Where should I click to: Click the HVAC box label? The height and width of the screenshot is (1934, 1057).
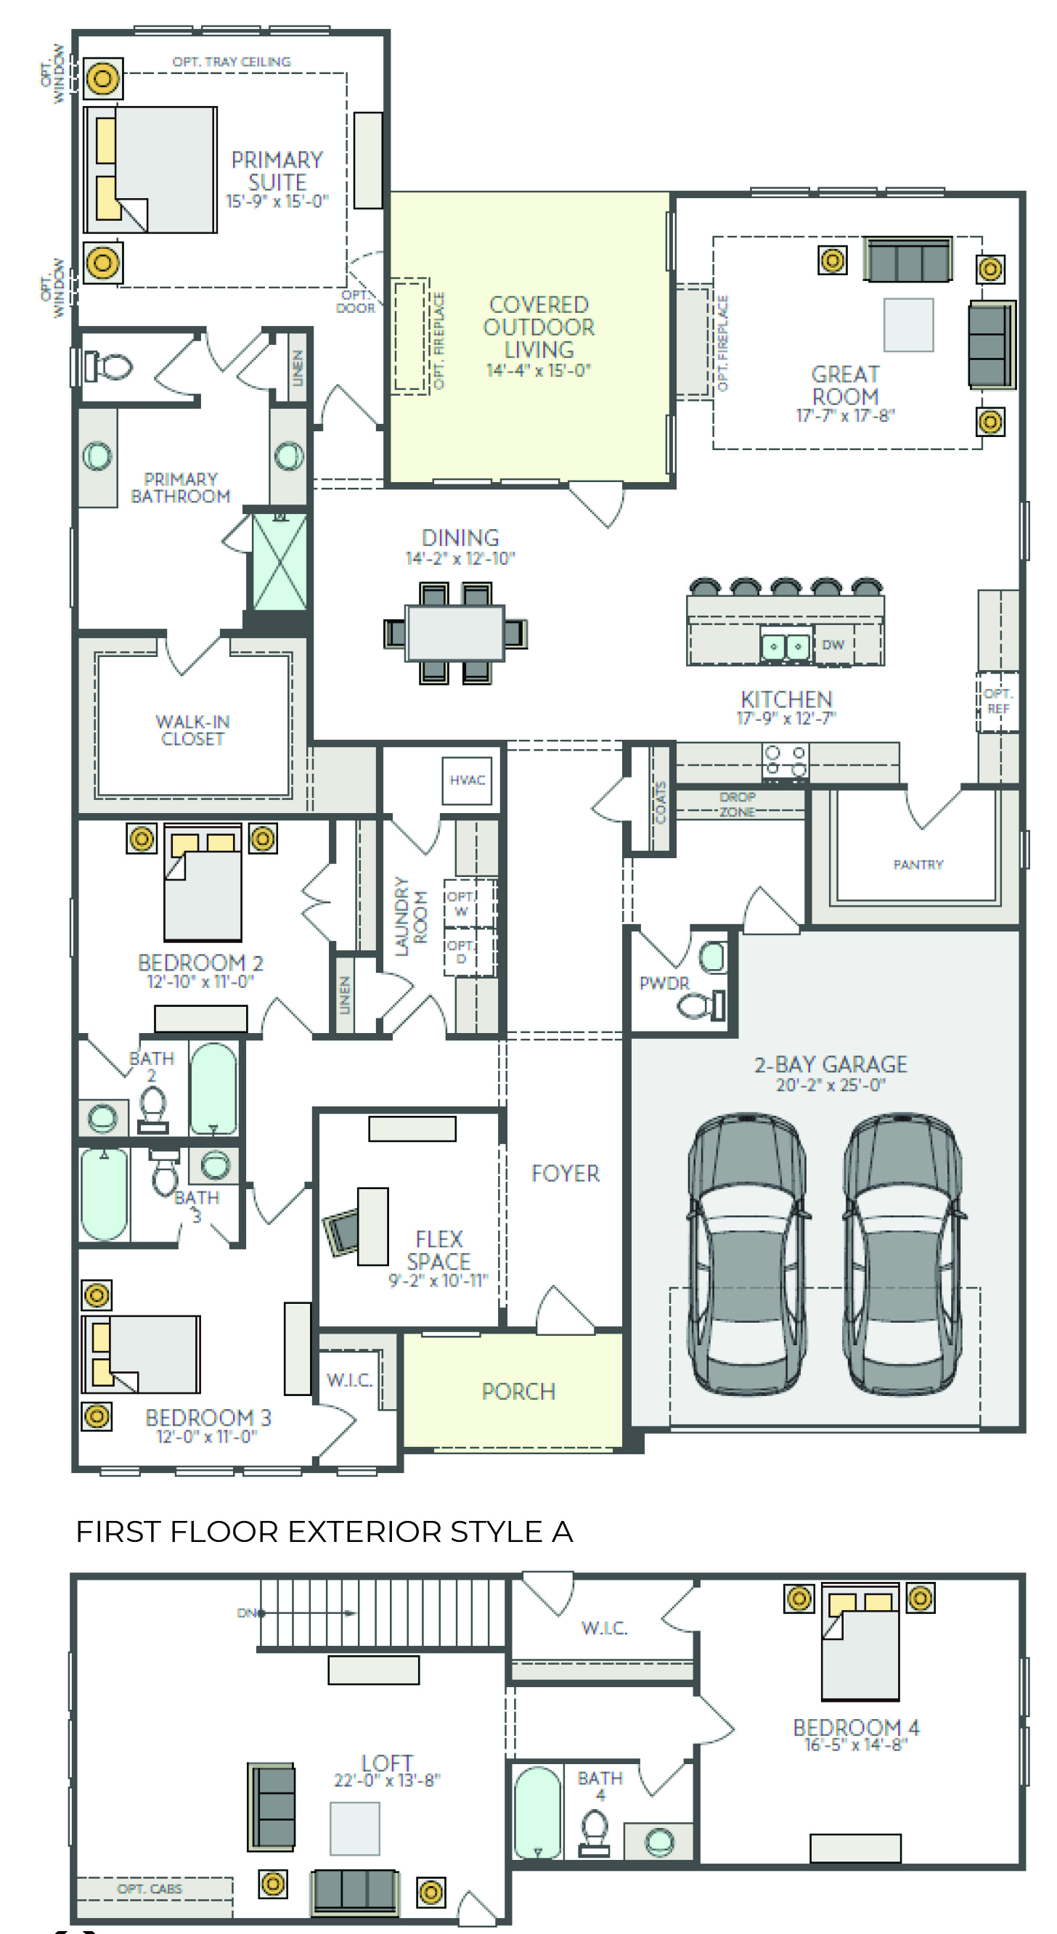tap(467, 780)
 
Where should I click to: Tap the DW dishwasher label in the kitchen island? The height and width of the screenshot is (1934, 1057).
tap(833, 644)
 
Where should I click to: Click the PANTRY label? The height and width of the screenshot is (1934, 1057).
tap(918, 864)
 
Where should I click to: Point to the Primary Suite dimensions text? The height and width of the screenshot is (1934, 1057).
tap(277, 201)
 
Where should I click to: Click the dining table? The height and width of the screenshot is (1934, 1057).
tap(455, 632)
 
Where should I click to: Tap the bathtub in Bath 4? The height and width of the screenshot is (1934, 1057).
tap(537, 1811)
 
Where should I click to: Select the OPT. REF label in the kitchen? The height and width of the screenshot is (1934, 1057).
tap(997, 701)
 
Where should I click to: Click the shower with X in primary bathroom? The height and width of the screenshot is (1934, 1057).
tap(279, 561)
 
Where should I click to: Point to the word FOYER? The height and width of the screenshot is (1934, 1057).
tap(566, 1173)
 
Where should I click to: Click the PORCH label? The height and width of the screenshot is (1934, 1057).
tap(519, 1391)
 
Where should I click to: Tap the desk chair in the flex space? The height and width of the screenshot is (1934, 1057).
tap(342, 1231)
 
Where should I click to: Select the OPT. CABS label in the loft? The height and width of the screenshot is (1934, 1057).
tap(150, 1888)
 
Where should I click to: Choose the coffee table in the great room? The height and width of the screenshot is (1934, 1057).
tap(908, 325)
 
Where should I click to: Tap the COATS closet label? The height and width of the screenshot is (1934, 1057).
tap(661, 801)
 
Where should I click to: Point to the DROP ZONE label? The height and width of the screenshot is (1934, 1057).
tap(737, 804)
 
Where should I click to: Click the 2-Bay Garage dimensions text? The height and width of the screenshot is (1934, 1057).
tap(831, 1085)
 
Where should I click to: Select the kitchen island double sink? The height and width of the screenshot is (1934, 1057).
tap(785, 645)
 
